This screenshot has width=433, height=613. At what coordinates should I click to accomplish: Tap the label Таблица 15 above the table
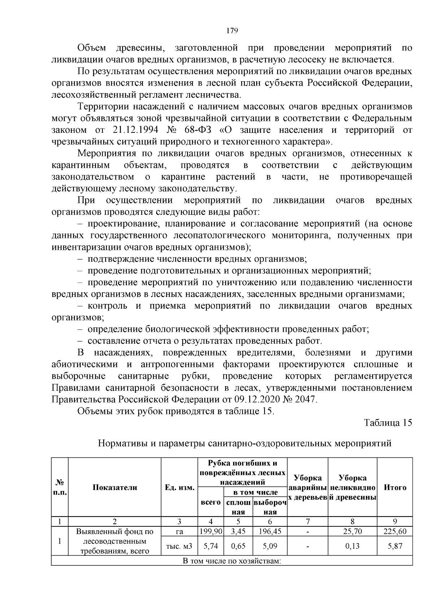388,423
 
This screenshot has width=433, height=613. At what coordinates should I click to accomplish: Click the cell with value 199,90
211,531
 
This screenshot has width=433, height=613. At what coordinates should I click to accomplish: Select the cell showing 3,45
238,531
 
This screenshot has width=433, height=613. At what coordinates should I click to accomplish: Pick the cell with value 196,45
270,531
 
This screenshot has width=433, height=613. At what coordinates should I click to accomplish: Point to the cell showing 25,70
352,531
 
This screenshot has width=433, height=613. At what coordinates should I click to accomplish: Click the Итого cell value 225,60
395,531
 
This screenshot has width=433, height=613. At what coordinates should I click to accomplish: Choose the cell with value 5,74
211,546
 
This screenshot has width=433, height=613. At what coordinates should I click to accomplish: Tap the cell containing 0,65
238,546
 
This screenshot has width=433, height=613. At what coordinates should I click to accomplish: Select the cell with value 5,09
270,546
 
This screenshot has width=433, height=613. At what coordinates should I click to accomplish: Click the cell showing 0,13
352,546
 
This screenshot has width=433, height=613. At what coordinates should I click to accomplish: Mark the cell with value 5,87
395,546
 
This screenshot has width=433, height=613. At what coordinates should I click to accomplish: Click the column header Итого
395,487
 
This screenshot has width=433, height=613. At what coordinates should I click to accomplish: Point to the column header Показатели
115,487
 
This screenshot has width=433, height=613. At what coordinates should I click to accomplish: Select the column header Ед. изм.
179,487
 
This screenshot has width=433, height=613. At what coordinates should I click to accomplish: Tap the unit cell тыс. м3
179,546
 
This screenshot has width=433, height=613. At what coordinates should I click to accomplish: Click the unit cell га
179,531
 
